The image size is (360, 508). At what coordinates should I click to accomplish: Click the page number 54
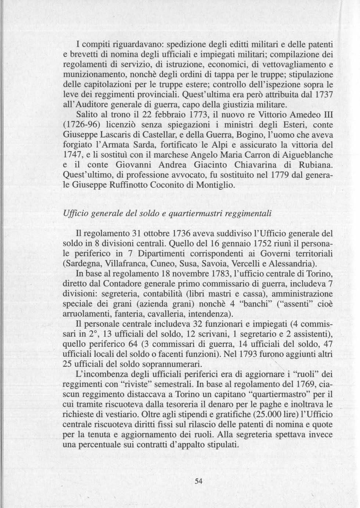point(199,482)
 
